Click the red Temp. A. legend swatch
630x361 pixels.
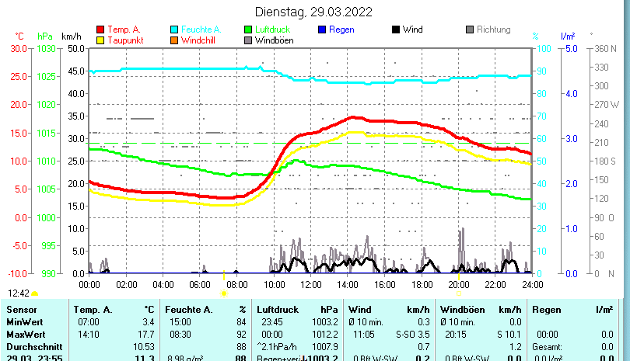point(100,30)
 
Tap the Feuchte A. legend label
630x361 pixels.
point(201,30)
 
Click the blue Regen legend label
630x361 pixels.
point(341,30)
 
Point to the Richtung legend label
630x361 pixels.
point(493,30)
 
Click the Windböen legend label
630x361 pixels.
point(274,40)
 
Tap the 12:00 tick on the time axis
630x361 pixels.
point(310,284)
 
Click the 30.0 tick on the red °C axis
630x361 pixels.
point(19,48)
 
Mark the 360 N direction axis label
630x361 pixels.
point(605,48)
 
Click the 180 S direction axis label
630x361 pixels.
point(606,161)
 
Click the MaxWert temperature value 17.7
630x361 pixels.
point(145,334)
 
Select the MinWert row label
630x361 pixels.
point(24,322)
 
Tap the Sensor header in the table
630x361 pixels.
point(22,310)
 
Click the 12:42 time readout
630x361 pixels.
point(19,293)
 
